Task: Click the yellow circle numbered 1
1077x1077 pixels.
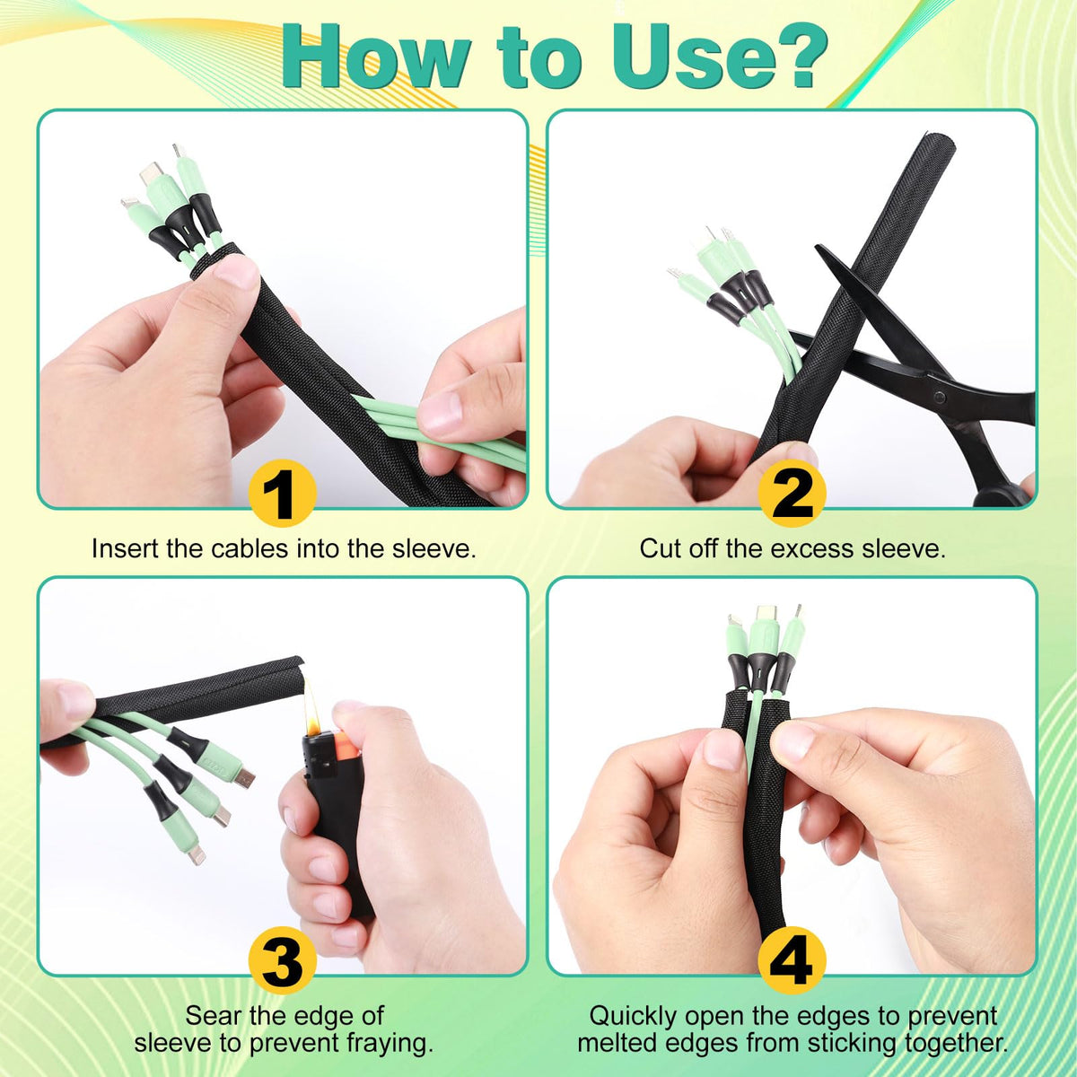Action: click(x=282, y=493)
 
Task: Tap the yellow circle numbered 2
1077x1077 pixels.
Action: click(x=792, y=493)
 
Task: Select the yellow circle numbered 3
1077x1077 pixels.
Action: click(x=282, y=960)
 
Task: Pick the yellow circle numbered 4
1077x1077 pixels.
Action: click(x=792, y=960)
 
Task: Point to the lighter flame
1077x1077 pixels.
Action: click(x=312, y=710)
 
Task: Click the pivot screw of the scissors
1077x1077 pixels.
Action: click(x=940, y=398)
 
